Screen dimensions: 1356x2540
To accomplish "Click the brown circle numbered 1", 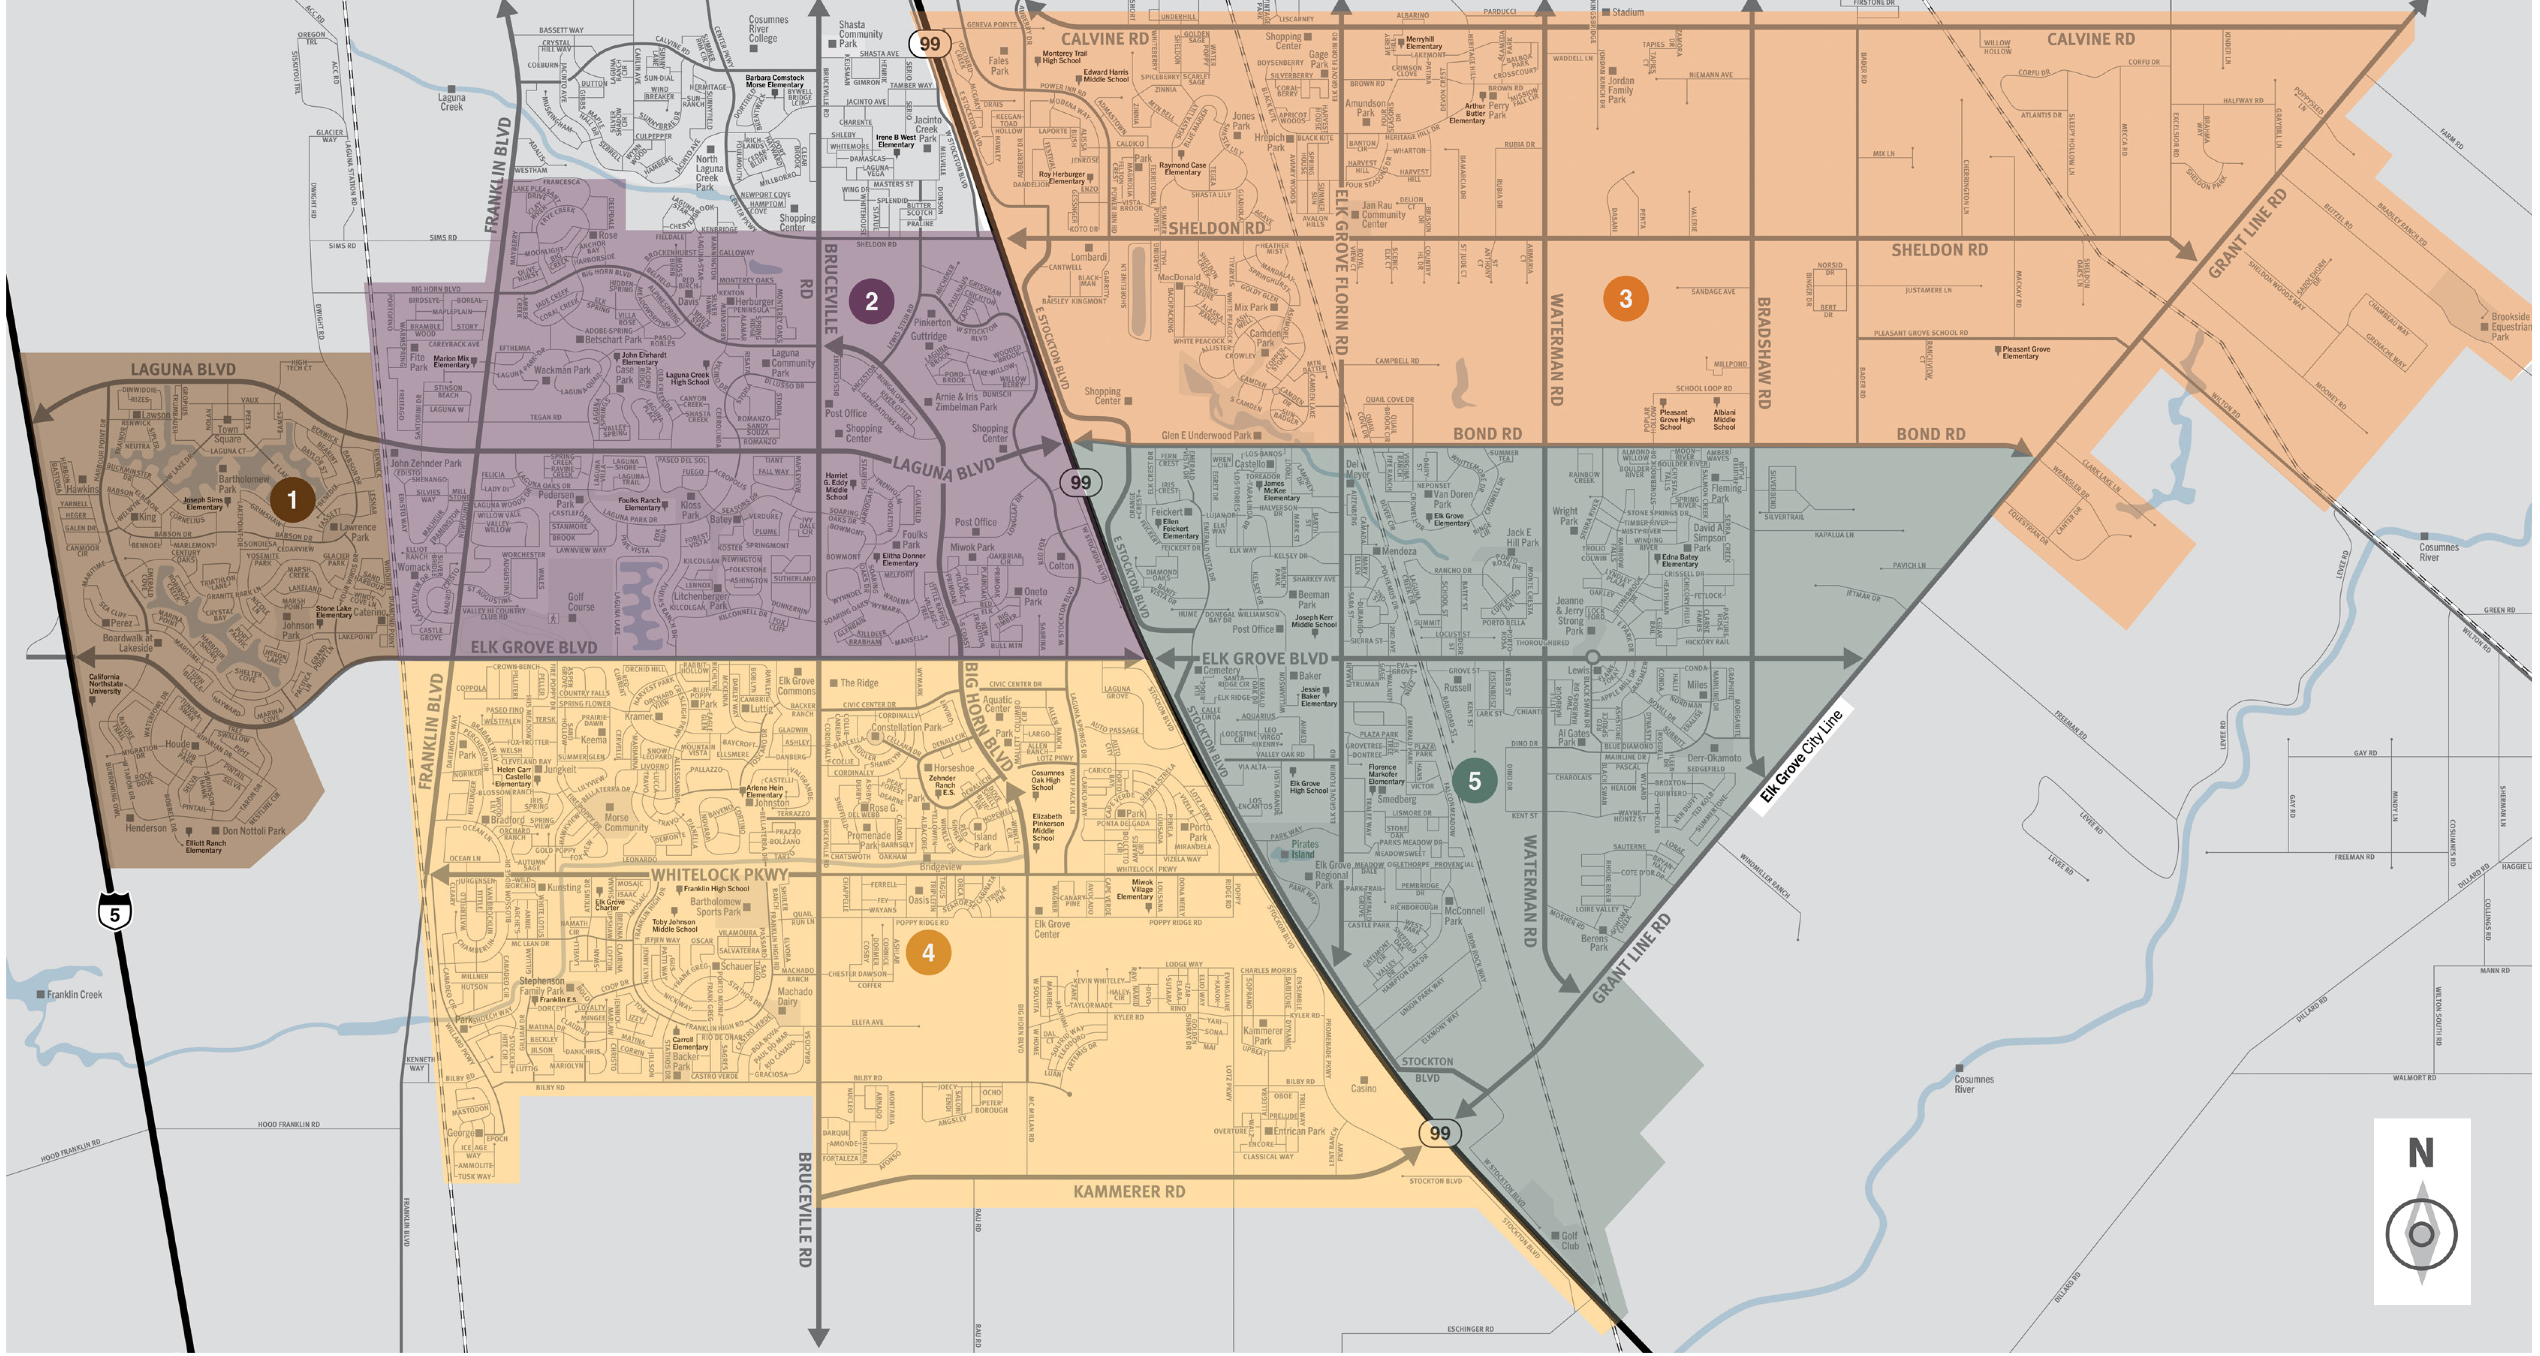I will pos(292,500).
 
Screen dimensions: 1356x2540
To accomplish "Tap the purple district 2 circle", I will pos(871,301).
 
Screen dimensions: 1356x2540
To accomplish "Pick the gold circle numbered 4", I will pos(928,953).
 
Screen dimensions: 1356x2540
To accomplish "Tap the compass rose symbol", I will pos(2422,1233).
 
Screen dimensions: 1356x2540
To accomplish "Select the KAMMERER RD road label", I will pos(1129,1191).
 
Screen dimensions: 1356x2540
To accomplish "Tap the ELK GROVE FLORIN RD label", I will pos(1341,271).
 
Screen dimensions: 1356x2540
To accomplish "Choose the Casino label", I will pos(1364,1088).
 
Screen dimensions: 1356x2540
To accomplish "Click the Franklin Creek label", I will pos(74,994).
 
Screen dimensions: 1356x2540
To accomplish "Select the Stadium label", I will pos(1627,12).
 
